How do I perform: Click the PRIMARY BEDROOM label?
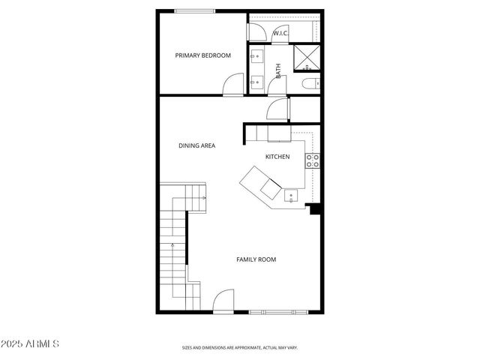[202, 55]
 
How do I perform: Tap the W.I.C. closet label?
[280, 33]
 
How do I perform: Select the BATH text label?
[278, 71]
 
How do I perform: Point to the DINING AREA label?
[196, 145]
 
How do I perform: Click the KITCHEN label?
[277, 157]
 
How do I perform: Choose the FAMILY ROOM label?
[256, 259]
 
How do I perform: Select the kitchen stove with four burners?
[313, 160]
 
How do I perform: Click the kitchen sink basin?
[290, 197]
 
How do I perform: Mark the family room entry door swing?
[224, 302]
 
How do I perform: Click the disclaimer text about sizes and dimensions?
[240, 348]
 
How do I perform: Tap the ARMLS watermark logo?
[31, 344]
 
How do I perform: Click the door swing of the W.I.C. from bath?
[257, 31]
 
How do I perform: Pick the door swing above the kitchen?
[277, 109]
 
